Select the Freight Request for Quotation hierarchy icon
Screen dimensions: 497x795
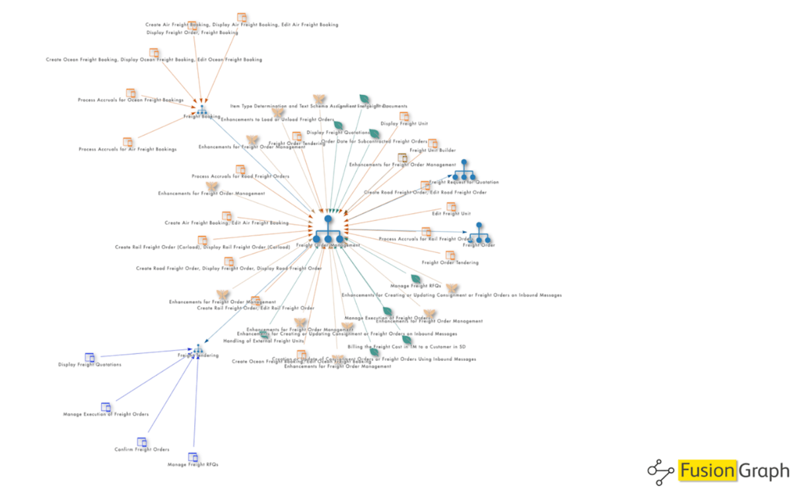point(465,170)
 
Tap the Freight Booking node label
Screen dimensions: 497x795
point(202,117)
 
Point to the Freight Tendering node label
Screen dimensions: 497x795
point(198,355)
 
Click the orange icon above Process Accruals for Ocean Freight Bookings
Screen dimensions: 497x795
point(131,93)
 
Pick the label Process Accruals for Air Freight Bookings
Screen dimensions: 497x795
point(127,150)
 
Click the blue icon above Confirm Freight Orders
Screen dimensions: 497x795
point(141,442)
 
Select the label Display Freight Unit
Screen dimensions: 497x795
point(404,123)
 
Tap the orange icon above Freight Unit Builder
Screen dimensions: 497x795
point(433,143)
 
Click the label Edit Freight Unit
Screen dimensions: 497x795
point(451,214)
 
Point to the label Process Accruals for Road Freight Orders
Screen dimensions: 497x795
point(240,177)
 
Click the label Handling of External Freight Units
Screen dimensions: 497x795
point(263,341)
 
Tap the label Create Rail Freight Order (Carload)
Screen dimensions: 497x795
point(202,248)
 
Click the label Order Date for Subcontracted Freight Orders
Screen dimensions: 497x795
point(374,141)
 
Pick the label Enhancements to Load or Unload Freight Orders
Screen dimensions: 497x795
point(277,119)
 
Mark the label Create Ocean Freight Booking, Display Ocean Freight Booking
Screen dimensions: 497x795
point(154,59)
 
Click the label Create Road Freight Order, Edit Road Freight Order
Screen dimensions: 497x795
point(425,193)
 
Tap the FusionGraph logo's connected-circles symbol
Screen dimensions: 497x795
point(660,471)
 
